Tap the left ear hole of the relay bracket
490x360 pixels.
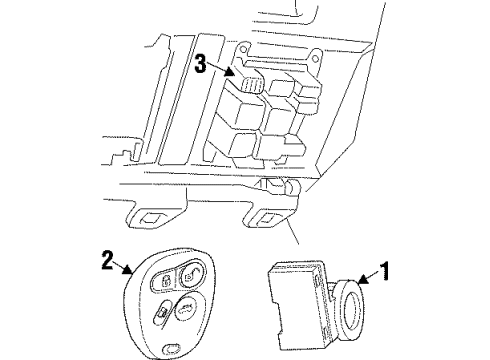(x=244, y=47)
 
